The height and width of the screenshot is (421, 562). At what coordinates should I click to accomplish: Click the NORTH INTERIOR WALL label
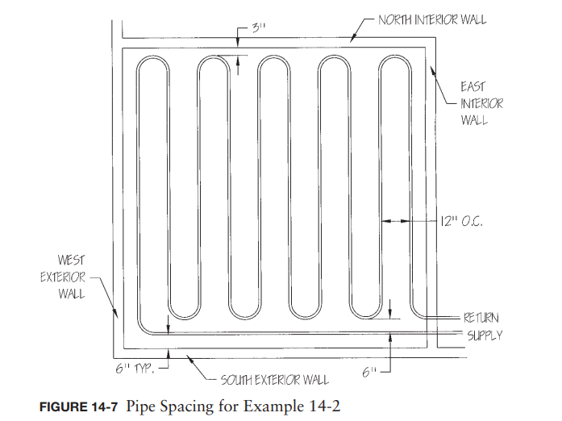coord(432,19)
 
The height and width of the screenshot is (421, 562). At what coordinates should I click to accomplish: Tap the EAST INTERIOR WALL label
coord(481,103)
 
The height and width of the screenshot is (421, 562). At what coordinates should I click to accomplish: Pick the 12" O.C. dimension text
coord(463,219)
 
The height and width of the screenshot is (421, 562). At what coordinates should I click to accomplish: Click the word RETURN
coord(481,319)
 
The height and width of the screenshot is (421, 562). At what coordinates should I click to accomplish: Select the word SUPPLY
coord(481,334)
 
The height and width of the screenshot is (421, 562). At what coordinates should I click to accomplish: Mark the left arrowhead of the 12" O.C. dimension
coord(385,219)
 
